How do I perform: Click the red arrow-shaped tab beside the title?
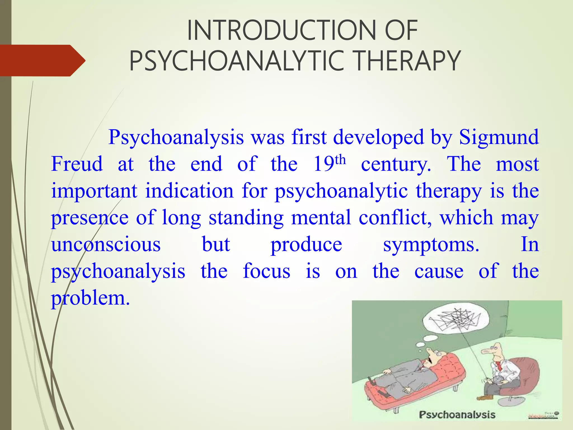pos(42,60)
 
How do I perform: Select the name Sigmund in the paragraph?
pos(499,137)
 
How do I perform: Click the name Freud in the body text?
pos(77,164)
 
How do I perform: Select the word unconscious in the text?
pos(106,245)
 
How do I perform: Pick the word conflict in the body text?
pos(395,218)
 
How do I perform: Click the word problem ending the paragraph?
pos(90,298)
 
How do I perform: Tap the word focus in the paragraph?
pos(266,271)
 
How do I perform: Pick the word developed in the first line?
pos(379,137)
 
